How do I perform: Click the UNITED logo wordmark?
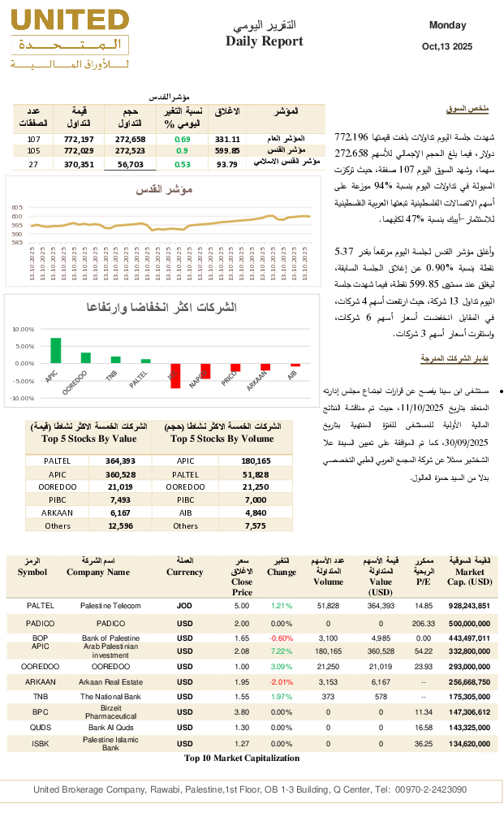[x=70, y=20]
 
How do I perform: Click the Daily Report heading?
[x=265, y=41]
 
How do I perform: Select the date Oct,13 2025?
[x=447, y=47]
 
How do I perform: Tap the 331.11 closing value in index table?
[x=227, y=140]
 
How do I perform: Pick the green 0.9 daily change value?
[x=183, y=151]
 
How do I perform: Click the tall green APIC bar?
[x=56, y=350]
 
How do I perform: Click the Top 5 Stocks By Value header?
[x=78, y=439]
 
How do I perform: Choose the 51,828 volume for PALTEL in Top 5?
[x=255, y=474]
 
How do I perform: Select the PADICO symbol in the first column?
[x=41, y=623]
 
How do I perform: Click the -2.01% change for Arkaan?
[x=282, y=682]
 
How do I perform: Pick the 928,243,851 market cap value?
[x=470, y=606]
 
